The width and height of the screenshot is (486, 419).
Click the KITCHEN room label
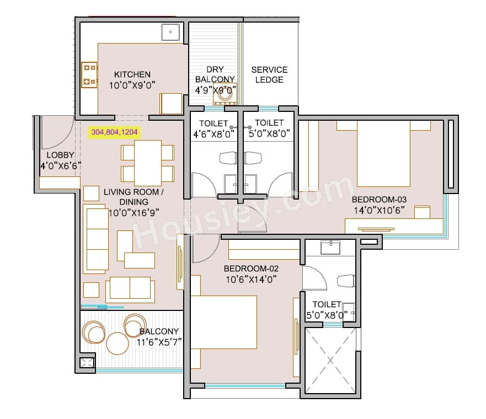tap(132, 74)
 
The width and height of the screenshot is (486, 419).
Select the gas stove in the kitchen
tap(89, 75)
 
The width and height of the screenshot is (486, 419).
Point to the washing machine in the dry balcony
tap(225, 94)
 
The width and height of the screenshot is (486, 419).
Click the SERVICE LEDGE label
tap(269, 74)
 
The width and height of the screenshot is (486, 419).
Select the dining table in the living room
tap(147, 163)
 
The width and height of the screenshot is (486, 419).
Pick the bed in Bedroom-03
tap(383, 154)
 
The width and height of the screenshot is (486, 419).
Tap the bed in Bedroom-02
tap(223, 322)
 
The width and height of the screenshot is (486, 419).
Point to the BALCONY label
tap(159, 331)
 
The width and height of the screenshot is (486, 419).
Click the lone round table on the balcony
tap(117, 343)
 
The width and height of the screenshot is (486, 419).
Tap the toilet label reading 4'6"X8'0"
tap(213, 133)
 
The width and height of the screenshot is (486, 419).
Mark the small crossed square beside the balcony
tap(87, 363)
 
